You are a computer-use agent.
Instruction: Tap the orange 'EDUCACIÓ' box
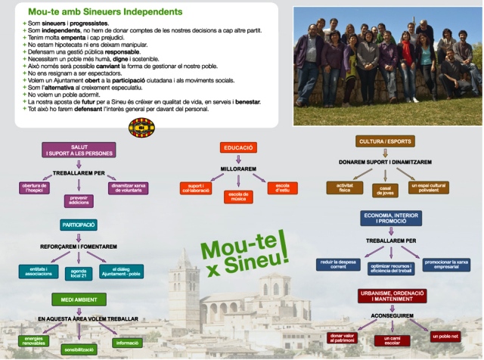(237, 148)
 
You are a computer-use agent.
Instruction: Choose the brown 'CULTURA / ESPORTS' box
(384, 141)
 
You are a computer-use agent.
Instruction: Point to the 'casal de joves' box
(386, 191)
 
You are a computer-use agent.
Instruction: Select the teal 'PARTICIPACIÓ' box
(79, 225)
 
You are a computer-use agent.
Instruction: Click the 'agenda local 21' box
(79, 273)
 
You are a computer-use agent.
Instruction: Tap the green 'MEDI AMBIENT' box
(79, 299)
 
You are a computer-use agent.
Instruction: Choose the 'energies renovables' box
(34, 342)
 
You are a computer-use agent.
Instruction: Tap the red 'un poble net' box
(446, 335)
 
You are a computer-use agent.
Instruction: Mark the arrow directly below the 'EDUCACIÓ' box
(237, 160)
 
